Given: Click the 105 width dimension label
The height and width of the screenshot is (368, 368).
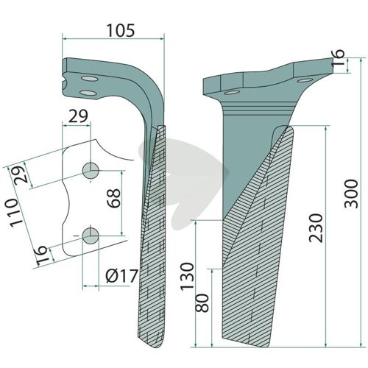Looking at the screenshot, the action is point(121,30).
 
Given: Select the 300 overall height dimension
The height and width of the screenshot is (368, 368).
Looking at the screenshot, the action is point(351,194).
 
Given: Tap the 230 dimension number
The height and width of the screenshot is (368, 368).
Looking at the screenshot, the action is point(316,228).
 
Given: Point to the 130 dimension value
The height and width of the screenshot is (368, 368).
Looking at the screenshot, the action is point(188,277).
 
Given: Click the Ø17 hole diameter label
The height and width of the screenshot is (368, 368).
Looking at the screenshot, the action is point(121,276).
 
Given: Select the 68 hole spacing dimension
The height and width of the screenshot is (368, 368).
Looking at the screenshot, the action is point(114,198).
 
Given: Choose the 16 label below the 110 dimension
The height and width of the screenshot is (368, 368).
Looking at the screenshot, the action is point(42,255).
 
